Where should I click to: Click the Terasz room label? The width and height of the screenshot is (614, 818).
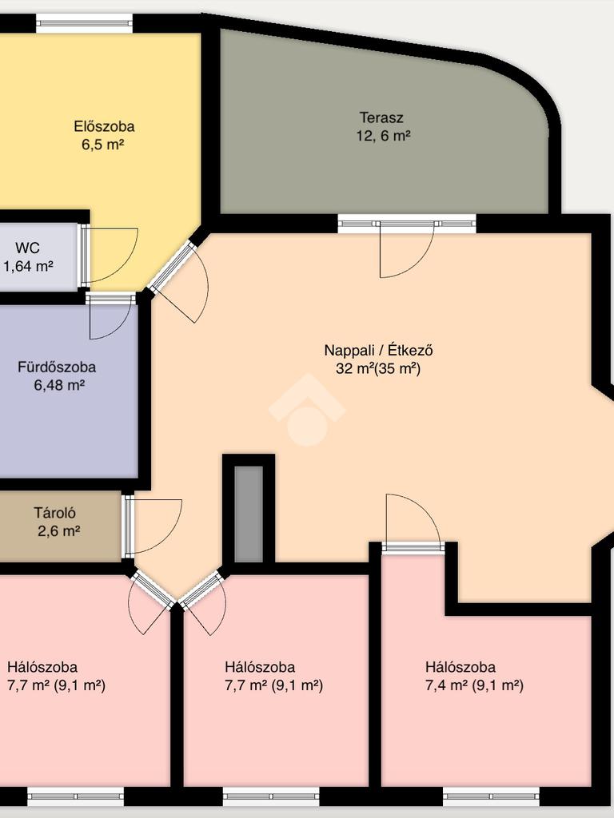tap(381, 117)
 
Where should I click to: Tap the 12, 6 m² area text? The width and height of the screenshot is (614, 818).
tap(383, 136)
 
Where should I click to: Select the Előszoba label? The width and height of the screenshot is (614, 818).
tap(104, 126)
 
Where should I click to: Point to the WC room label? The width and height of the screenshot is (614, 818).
tap(27, 248)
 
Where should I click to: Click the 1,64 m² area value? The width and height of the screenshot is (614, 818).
tap(28, 267)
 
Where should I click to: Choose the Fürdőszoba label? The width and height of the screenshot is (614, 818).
tap(57, 367)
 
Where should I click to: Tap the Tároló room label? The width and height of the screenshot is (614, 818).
tap(55, 513)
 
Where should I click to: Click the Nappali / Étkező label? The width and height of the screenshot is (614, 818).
tap(378, 350)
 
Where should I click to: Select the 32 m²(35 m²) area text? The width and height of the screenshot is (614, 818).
tap(378, 369)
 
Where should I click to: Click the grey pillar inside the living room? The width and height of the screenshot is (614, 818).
tap(249, 514)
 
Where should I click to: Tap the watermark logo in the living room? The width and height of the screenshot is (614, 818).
tap(307, 410)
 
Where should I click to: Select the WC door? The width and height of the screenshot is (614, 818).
tap(84, 256)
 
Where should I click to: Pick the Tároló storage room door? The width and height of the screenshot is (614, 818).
tap(128, 527)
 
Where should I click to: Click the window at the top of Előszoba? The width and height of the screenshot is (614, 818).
tap(84, 23)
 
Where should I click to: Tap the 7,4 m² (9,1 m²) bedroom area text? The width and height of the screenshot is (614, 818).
tap(474, 685)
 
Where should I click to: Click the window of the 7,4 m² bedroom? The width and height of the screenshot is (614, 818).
tap(492, 796)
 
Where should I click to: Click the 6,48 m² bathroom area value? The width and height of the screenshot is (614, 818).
tap(59, 386)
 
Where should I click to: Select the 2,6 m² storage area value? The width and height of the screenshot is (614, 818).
tap(58, 531)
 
